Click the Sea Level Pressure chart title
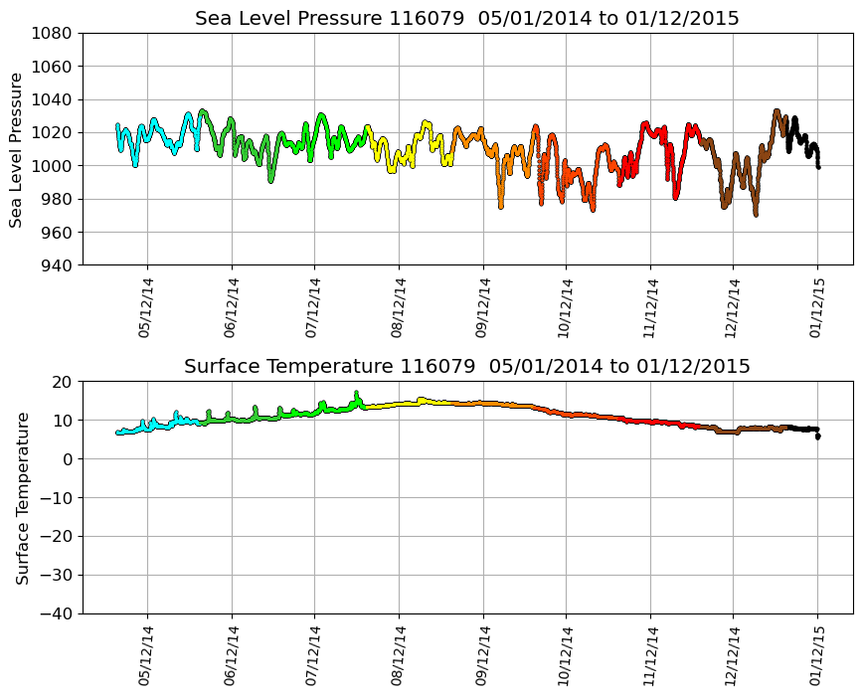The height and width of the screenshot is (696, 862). click(x=467, y=18)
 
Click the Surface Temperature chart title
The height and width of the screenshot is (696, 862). click(x=467, y=366)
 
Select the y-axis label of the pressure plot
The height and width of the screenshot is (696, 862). click(x=16, y=149)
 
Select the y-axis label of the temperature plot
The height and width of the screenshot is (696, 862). click(x=22, y=497)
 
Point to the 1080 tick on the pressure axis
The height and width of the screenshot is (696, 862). click(x=51, y=34)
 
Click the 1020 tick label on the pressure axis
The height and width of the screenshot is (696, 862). click(x=51, y=133)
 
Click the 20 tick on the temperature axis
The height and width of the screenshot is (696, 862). click(x=62, y=382)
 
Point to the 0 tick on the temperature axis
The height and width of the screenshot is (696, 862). click(x=67, y=459)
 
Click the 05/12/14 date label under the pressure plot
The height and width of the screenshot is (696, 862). click(x=146, y=309)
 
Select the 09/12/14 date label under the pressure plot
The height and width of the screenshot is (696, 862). click(x=482, y=309)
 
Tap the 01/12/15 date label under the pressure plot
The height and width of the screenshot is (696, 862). click(x=817, y=309)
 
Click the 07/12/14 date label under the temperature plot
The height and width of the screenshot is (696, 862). click(x=314, y=657)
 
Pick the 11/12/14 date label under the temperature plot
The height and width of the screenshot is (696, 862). click(x=649, y=657)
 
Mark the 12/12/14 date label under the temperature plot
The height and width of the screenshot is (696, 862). click(x=733, y=657)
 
